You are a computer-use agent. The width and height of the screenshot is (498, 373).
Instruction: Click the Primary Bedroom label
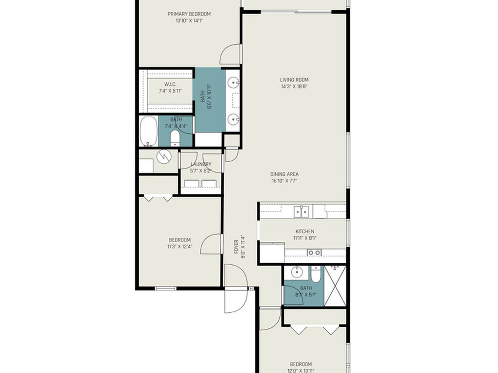[x=189, y=14]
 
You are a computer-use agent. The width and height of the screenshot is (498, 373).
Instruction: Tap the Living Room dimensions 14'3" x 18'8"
[x=294, y=86]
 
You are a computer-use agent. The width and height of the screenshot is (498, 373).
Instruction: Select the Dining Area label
[x=284, y=174]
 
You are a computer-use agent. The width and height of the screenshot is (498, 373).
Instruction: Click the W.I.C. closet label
[x=170, y=84]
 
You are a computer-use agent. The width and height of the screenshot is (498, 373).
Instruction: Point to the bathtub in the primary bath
[x=149, y=131]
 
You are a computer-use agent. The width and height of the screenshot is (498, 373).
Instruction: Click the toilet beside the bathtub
[x=175, y=138]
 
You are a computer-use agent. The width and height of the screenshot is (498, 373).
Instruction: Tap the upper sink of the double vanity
[x=234, y=83]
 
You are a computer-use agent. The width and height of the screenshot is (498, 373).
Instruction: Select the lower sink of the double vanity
[x=234, y=119]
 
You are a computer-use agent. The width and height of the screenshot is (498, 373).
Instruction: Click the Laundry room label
[x=201, y=164]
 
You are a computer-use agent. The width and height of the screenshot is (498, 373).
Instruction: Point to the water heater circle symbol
[x=164, y=155]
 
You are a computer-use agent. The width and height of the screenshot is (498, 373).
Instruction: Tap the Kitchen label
[x=305, y=232]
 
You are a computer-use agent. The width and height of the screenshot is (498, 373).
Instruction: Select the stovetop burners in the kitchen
[x=314, y=253]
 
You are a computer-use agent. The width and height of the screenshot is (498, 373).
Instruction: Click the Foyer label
[x=236, y=247]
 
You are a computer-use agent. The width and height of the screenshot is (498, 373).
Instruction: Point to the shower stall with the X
[x=335, y=286]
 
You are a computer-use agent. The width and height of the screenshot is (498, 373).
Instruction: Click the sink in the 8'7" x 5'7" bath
[x=297, y=272]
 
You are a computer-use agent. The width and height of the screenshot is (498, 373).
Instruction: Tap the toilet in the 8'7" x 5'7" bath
[x=316, y=275]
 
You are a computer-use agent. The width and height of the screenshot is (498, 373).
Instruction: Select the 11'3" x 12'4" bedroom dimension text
[x=180, y=246]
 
